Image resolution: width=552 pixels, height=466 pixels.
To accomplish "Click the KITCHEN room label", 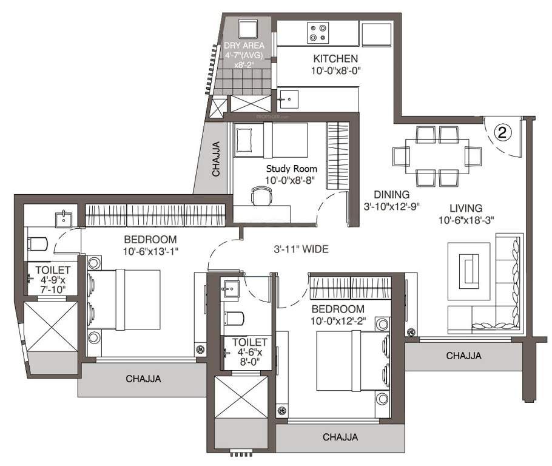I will [x=335, y=59].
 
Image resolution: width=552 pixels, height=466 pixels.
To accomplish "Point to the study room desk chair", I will [x=261, y=195].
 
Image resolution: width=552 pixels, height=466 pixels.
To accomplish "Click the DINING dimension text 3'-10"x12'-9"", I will [x=392, y=206].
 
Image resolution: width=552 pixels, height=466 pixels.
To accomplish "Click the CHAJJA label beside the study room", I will [x=217, y=160].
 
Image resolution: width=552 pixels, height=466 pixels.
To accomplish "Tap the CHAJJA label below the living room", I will [x=463, y=356].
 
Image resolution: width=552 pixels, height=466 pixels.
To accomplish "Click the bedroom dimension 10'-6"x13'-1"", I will [x=150, y=250].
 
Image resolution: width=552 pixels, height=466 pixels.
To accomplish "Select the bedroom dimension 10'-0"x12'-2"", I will [x=338, y=320].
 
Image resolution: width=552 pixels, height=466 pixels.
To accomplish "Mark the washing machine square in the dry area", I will [x=249, y=29].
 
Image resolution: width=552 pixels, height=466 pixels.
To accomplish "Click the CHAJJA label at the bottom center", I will [x=340, y=436].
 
